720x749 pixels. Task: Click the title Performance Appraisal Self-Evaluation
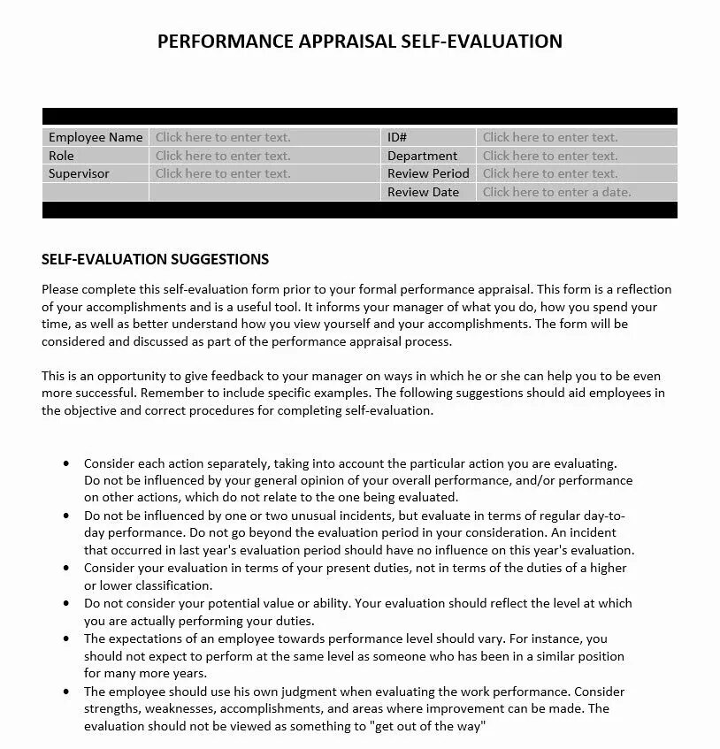(x=359, y=41)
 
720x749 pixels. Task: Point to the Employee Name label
(x=96, y=137)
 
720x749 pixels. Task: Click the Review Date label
(x=423, y=192)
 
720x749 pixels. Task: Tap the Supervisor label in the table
(x=79, y=173)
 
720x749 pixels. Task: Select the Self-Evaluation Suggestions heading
(x=155, y=259)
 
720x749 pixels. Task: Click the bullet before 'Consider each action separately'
(x=66, y=463)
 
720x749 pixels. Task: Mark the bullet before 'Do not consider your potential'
(x=66, y=603)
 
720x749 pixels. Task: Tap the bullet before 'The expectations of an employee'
(x=66, y=638)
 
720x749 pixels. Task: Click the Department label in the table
(x=422, y=156)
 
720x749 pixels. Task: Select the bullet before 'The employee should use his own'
(x=66, y=692)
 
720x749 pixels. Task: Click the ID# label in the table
(x=397, y=137)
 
